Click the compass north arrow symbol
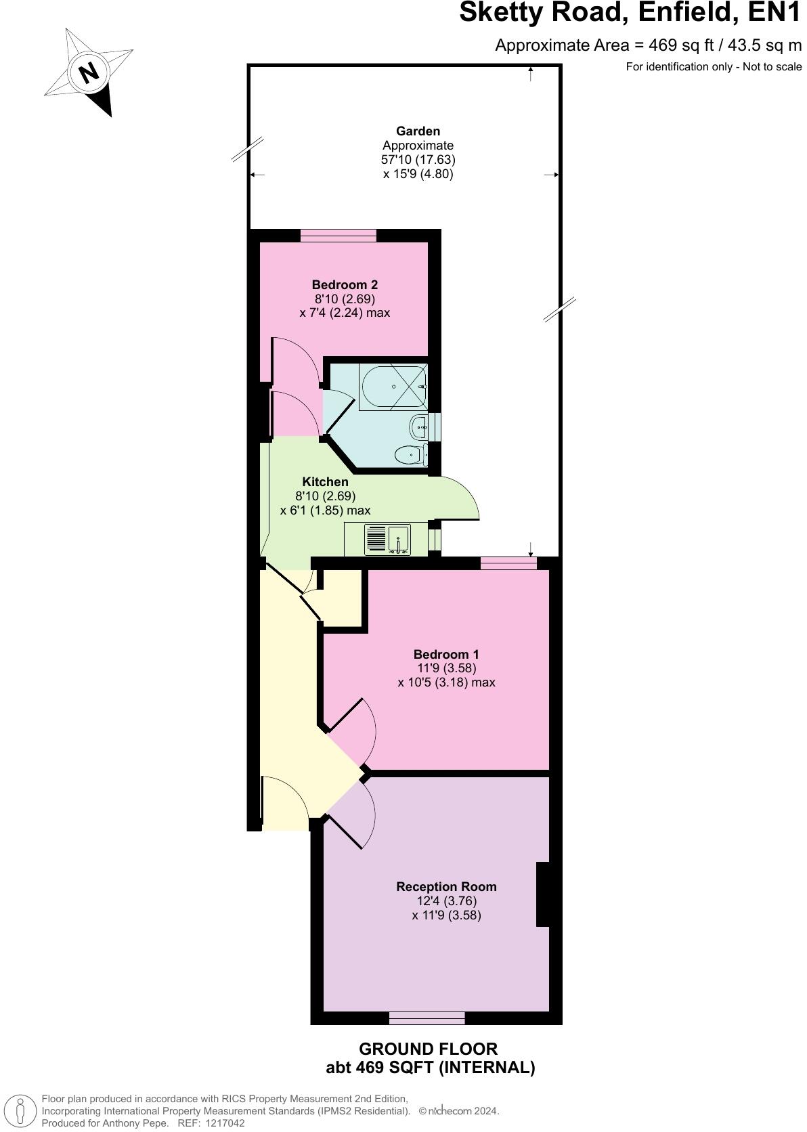point(89,72)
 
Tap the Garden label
point(418,131)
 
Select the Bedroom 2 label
point(345,284)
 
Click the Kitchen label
point(325,482)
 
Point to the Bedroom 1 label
point(446,654)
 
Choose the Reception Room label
point(446,886)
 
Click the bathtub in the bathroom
point(393,387)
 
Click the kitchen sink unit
point(387,539)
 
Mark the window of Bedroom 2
point(339,235)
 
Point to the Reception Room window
point(427,1017)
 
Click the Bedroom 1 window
point(508,563)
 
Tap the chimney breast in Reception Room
point(543,894)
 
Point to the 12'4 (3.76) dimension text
point(447,901)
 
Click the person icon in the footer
point(21,1110)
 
